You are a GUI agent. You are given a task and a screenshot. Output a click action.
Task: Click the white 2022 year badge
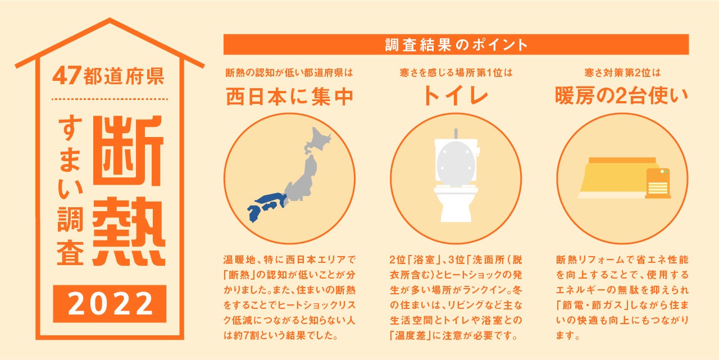[110, 304]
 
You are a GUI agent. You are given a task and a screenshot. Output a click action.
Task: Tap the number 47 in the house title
[67, 76]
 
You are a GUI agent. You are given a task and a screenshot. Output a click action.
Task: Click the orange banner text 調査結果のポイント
[456, 45]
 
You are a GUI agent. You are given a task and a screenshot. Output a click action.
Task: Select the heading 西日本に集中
[289, 97]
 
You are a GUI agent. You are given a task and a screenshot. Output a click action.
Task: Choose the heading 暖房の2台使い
[621, 97]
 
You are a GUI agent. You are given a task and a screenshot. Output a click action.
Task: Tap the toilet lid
[456, 162]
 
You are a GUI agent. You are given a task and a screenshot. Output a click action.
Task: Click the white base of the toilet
[456, 208]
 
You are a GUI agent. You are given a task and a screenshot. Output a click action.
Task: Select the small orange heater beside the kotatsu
[658, 183]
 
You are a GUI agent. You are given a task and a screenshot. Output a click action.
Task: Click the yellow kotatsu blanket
[613, 177]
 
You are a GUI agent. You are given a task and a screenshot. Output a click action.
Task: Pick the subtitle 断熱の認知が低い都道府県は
[289, 73]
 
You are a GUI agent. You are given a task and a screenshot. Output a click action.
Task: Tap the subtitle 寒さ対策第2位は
[621, 73]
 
